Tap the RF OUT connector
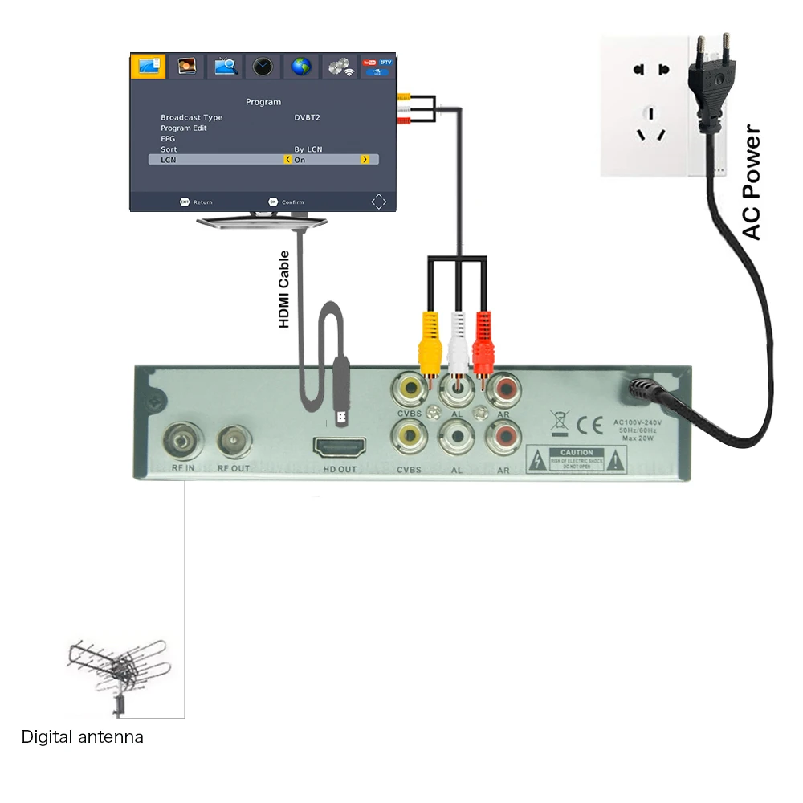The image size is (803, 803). pyautogui.click(x=234, y=439)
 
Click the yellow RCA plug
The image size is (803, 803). pyautogui.click(x=430, y=337)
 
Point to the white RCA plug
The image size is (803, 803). pyautogui.click(x=458, y=337)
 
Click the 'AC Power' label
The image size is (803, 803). pyautogui.click(x=752, y=182)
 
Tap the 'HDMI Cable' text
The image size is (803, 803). pyautogui.click(x=284, y=289)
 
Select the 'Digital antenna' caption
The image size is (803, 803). pyautogui.click(x=82, y=736)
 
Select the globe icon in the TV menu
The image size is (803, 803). pyautogui.click(x=301, y=67)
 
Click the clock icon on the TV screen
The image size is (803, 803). pyautogui.click(x=263, y=67)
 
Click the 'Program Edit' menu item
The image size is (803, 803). pyautogui.click(x=184, y=128)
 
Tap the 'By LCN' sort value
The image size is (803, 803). pyautogui.click(x=308, y=149)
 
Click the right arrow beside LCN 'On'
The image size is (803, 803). pyautogui.click(x=365, y=160)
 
